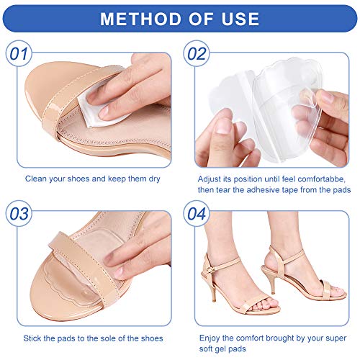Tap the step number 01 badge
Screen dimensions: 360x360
(19, 55)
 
